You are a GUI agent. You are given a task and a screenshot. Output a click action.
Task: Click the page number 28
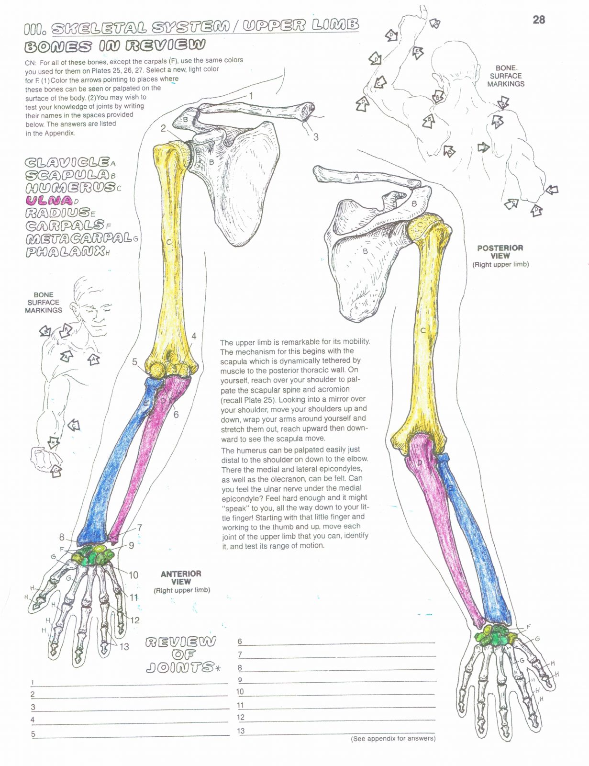[x=538, y=20]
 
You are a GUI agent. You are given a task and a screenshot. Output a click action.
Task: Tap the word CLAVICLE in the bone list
[x=67, y=163]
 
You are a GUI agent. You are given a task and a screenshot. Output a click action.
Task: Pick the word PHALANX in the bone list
[x=65, y=251]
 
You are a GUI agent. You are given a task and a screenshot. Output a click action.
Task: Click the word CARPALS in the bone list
[x=65, y=225]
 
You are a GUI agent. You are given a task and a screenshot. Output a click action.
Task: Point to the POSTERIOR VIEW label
[x=500, y=252]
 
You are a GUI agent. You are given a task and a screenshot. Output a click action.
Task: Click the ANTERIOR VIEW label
[x=181, y=577]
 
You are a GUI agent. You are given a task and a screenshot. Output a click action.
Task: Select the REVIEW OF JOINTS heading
[x=181, y=654]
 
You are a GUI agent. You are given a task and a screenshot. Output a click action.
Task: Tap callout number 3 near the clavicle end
[x=316, y=137]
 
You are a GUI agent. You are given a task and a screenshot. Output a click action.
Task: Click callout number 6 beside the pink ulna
[x=176, y=414]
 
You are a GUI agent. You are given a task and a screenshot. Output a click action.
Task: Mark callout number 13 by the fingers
[x=124, y=647]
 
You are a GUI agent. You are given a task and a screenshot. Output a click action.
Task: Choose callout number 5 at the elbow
[x=135, y=362]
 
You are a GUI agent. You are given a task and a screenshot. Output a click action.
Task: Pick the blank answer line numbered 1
[x=129, y=682]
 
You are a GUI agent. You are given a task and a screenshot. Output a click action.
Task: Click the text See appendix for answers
[x=393, y=739]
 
